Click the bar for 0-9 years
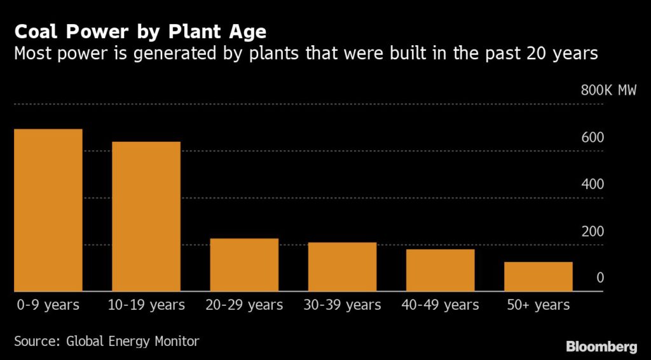[48, 211]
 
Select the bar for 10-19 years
[146, 217]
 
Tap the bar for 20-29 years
[244, 265]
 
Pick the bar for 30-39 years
[342, 267]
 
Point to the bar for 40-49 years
[440, 270]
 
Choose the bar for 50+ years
[538, 277]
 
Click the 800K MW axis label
[608, 91]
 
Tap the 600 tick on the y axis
[592, 138]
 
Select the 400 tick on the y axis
[592, 184]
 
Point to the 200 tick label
[592, 232]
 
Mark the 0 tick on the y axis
[600, 279]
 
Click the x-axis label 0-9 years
[48, 305]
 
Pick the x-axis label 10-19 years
[146, 305]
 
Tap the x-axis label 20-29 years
[244, 305]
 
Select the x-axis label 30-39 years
[342, 305]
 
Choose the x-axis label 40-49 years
[440, 305]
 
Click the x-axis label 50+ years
[538, 305]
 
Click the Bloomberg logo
[601, 347]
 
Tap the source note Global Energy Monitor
[107, 342]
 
